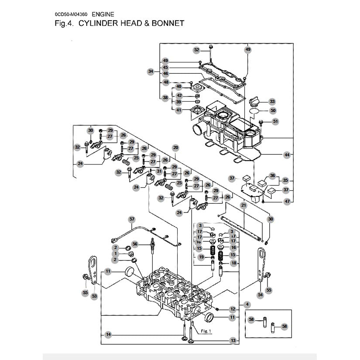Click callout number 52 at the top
coord(196,50)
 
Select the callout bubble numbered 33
coord(272,101)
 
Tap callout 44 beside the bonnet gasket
coord(286,155)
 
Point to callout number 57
coord(132,219)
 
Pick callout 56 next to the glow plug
coord(135,244)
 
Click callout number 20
coord(176,147)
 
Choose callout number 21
coord(243,205)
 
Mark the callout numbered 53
coord(94,296)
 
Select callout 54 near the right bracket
coord(261,295)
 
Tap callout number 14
coord(108,334)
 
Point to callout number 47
coord(286,202)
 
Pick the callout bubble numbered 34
coord(151,71)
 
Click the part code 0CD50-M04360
coord(71,14)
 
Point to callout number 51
coord(275,121)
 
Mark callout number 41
coord(179,110)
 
